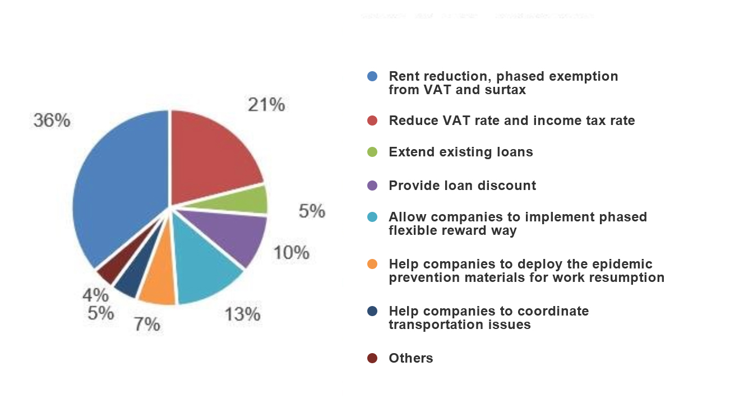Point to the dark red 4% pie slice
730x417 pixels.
click(x=108, y=272)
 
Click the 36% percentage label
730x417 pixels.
click(x=52, y=120)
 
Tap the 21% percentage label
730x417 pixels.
click(x=266, y=104)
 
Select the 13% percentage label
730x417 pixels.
click(x=243, y=314)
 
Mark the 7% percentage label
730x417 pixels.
click(x=147, y=324)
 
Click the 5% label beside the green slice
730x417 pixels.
click(x=312, y=211)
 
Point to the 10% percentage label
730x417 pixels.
click(x=292, y=253)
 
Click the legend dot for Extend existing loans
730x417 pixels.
click(x=372, y=152)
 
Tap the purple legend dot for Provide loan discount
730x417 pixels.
click(x=372, y=186)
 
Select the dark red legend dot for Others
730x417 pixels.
click(x=372, y=358)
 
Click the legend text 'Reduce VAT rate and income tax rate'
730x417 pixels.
click(x=511, y=121)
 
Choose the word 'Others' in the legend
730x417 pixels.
click(x=411, y=358)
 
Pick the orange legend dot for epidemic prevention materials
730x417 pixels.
click(x=372, y=264)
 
